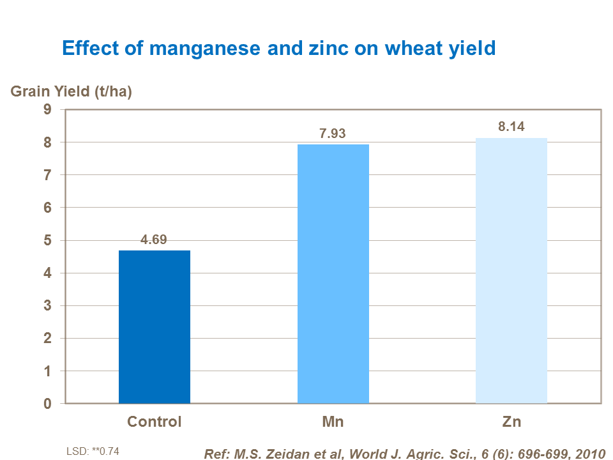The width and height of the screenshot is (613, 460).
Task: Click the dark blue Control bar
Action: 155,326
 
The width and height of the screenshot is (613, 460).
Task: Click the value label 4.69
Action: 155,240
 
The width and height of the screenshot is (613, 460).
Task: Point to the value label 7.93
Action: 333,134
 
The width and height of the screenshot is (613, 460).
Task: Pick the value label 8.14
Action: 511,126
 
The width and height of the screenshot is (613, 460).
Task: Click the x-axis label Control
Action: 155,422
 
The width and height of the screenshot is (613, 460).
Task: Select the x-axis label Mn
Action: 333,422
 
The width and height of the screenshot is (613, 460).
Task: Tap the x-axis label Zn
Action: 511,422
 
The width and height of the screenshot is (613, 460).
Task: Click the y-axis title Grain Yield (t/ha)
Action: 72,91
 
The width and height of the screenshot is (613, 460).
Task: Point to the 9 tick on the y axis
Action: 47,109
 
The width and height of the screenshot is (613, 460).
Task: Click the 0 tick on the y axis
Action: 47,404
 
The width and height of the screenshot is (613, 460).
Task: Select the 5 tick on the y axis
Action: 47,240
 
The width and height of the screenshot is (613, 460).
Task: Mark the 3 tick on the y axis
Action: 47,306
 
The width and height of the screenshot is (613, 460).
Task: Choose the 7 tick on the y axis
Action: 47,175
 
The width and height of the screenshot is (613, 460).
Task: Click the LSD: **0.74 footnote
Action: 93,451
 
